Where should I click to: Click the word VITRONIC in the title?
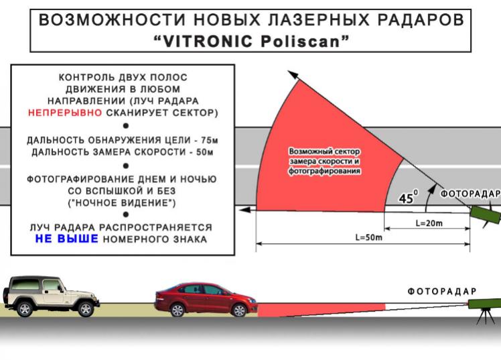point(208,42)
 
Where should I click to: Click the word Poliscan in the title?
point(299,42)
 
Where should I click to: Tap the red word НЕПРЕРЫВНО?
point(65,113)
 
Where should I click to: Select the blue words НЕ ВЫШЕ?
point(66,239)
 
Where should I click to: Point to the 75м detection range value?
point(210,140)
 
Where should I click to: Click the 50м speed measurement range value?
point(204,152)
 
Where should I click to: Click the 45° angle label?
point(408,197)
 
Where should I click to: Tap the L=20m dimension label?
point(429,223)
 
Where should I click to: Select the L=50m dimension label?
point(369,237)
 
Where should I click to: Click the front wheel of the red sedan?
point(239,310)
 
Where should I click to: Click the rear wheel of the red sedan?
point(177,310)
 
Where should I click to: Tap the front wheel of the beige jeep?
point(86,308)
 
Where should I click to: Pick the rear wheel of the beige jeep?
point(25,308)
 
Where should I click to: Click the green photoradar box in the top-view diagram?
point(486,214)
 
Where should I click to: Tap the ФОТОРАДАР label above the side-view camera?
point(442,291)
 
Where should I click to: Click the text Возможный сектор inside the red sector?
point(324,152)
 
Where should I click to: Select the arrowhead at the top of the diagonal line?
point(293,76)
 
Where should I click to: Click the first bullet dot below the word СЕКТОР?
point(126,126)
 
